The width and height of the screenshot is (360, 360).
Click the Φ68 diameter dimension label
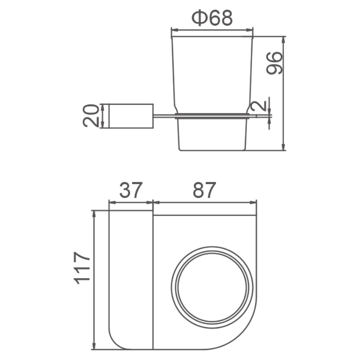pyautogui.click(x=212, y=18)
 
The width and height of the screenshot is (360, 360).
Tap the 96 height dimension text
pyautogui.click(x=274, y=63)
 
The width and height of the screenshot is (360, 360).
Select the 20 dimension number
pyautogui.click(x=91, y=116)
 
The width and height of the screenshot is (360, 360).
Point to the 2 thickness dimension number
pyautogui.click(x=259, y=106)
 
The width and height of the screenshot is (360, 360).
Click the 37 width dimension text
pyautogui.click(x=131, y=190)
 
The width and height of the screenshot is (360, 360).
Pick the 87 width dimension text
pyautogui.click(x=204, y=190)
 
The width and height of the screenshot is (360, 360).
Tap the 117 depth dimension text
pyautogui.click(x=82, y=268)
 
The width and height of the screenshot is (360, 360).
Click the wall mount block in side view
pyautogui.click(x=131, y=116)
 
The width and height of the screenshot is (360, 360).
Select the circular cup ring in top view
pyautogui.click(x=212, y=247)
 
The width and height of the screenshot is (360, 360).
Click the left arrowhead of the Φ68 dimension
pyautogui.click(x=175, y=30)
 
